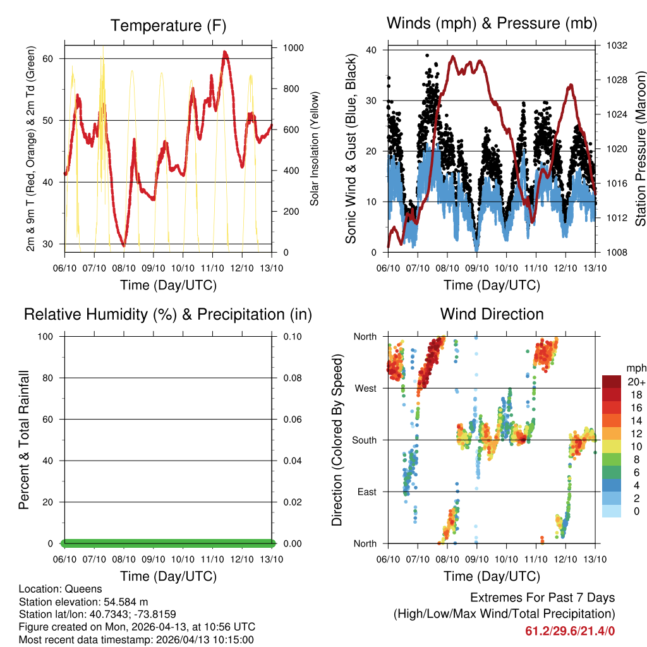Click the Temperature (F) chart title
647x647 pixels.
(168, 26)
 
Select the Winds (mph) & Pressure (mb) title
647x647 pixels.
(492, 23)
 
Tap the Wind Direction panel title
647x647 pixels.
(492, 314)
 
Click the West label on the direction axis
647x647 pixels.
(365, 388)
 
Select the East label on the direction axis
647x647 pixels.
(366, 492)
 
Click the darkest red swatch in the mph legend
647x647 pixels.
(612, 382)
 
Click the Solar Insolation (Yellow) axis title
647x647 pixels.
(314, 148)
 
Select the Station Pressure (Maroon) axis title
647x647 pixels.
(640, 148)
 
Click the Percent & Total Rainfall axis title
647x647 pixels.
(24, 440)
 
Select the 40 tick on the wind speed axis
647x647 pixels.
(371, 50)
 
